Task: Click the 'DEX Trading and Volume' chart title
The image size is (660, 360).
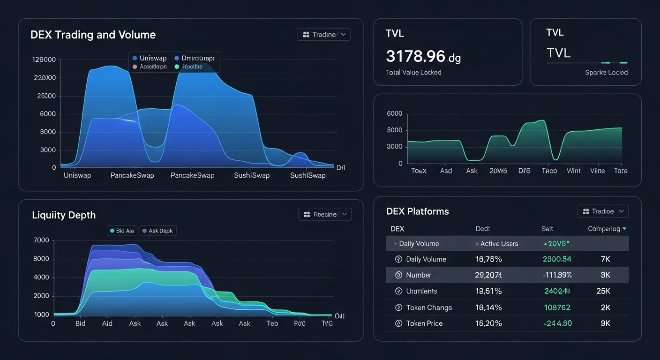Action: (93, 35)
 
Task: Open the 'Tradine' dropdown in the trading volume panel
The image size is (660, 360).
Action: (324, 35)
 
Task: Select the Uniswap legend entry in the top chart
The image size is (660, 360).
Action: (150, 58)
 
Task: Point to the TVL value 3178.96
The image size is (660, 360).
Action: (415, 56)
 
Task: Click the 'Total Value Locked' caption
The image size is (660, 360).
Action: (413, 72)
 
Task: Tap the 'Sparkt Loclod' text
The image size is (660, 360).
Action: (606, 73)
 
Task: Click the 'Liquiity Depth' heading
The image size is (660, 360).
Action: (64, 215)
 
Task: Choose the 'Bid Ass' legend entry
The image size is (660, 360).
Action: (122, 231)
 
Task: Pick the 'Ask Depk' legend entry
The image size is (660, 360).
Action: (158, 231)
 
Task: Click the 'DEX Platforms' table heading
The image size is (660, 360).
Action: (417, 211)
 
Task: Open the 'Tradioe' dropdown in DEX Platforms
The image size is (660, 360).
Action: (603, 211)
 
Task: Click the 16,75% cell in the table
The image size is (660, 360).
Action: (488, 259)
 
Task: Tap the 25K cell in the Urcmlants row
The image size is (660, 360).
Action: (603, 291)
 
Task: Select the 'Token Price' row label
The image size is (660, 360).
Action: (424, 323)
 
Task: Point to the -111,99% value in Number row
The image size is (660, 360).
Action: (557, 275)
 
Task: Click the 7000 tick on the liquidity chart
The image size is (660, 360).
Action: (42, 240)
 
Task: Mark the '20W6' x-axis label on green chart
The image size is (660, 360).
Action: (498, 171)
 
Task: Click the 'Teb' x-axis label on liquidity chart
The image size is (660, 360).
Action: (272, 323)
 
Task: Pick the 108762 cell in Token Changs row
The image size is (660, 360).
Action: (557, 307)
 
